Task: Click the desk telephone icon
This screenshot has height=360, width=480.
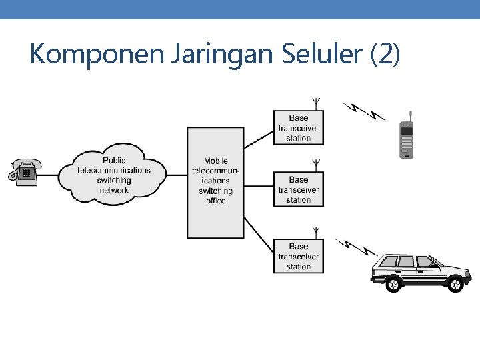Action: click(25, 171)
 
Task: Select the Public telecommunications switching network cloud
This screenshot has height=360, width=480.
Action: click(114, 175)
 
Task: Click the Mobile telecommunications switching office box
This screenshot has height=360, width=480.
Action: click(215, 181)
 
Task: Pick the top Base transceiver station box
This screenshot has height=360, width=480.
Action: click(299, 127)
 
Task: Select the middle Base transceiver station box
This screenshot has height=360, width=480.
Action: click(299, 189)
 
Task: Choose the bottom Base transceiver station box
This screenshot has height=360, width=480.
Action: click(299, 256)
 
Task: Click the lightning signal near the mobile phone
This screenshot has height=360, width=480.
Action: click(364, 111)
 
